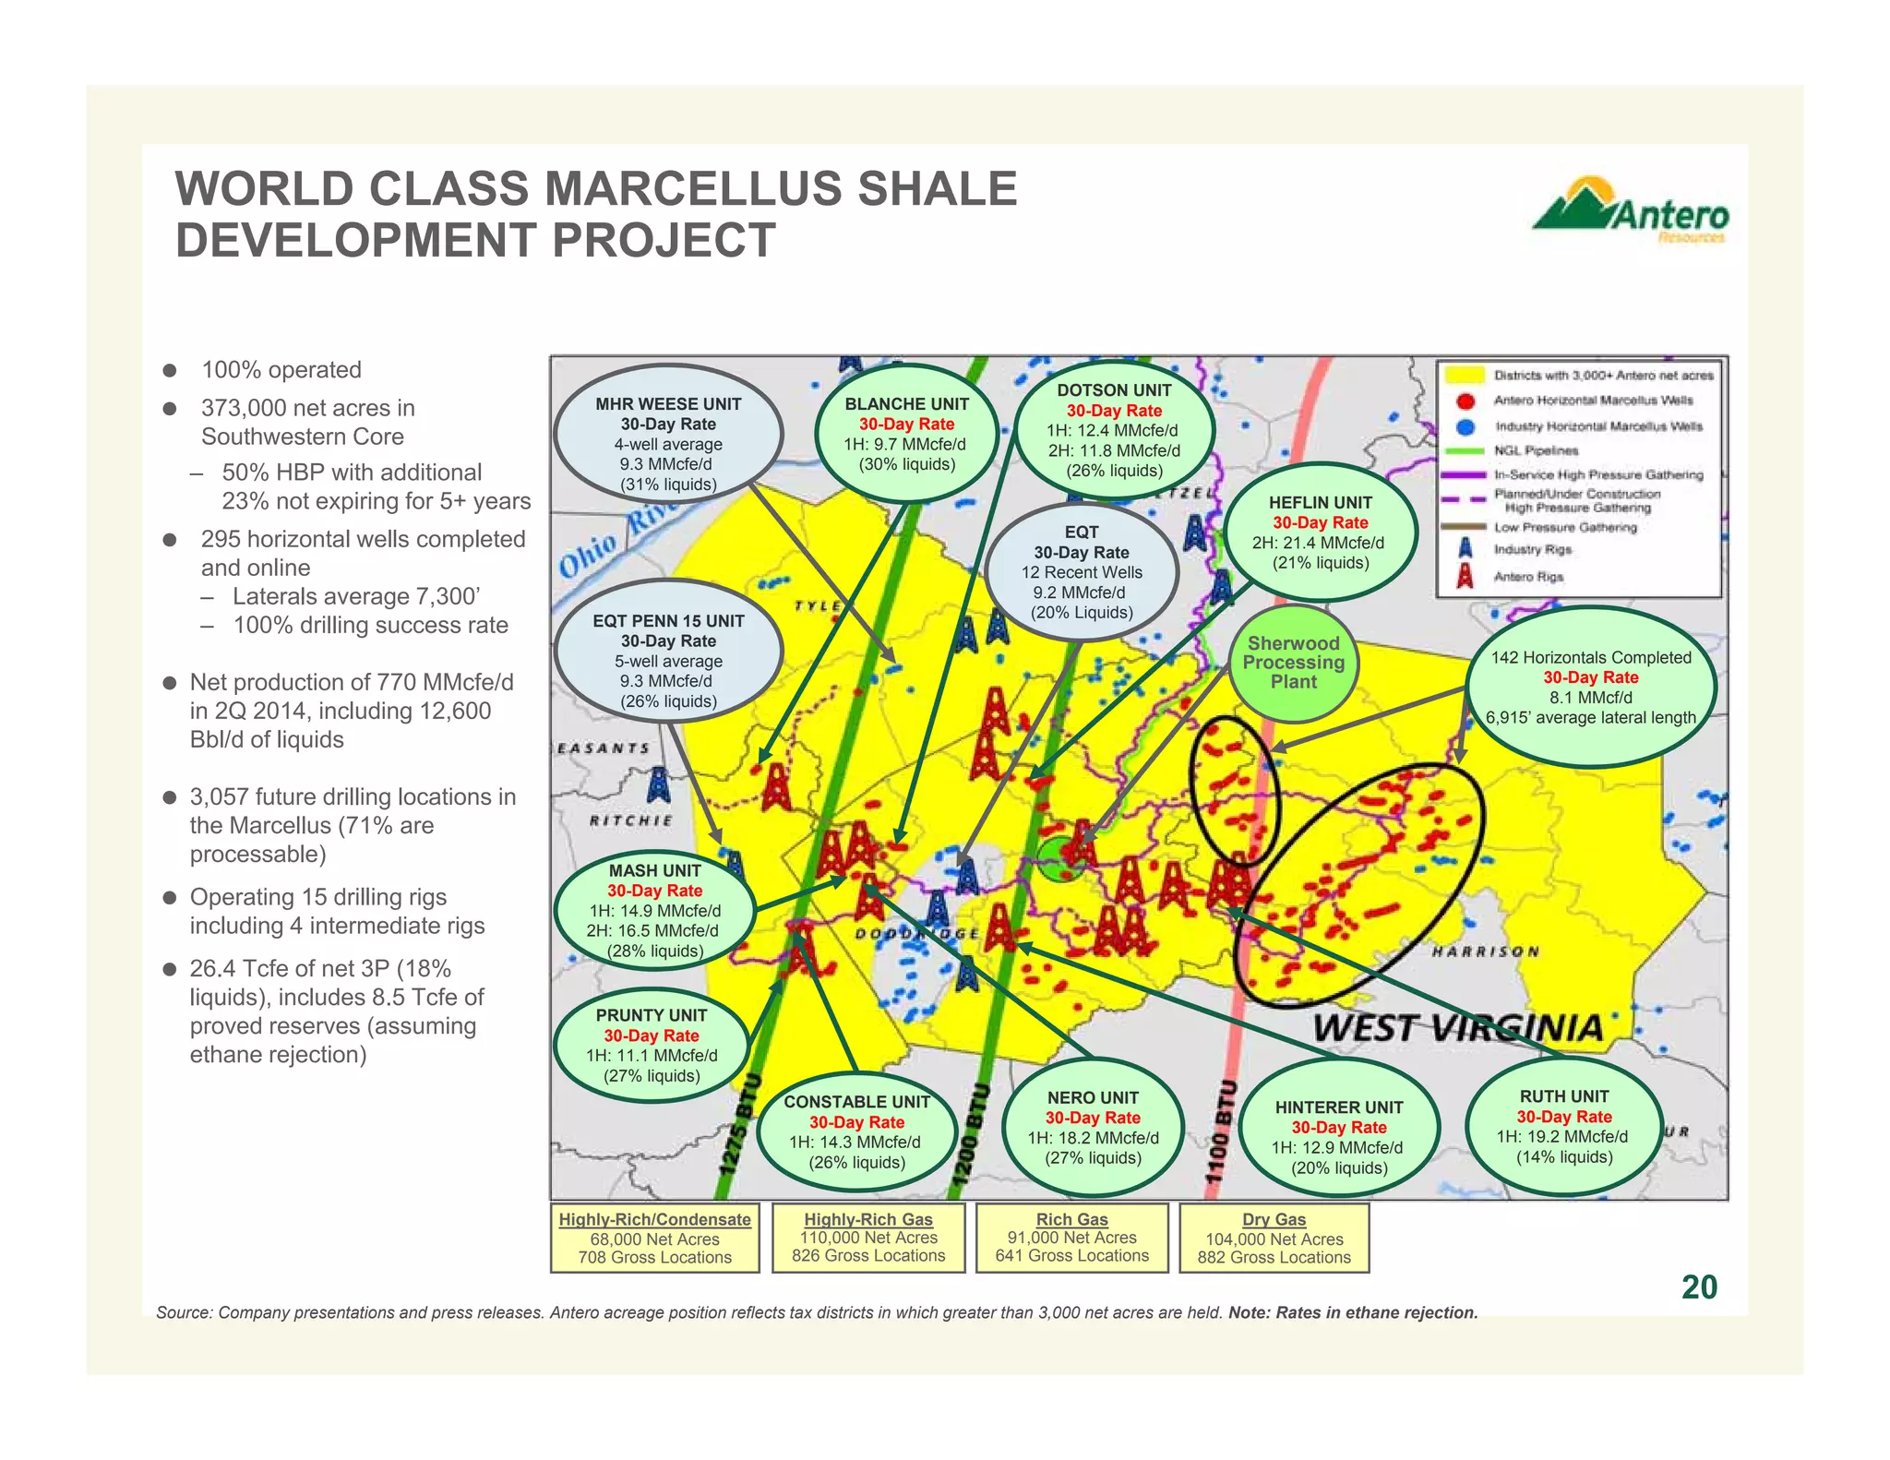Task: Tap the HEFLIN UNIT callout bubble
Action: click(1320, 533)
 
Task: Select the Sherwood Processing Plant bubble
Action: click(1293, 663)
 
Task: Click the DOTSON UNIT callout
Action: click(1114, 430)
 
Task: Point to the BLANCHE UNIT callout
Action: click(906, 434)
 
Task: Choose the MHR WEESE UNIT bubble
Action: click(668, 444)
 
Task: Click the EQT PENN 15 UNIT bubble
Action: click(668, 661)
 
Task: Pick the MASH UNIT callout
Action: click(654, 910)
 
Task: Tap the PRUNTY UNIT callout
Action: click(652, 1045)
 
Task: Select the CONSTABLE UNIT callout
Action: click(856, 1131)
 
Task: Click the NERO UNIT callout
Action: click(1093, 1128)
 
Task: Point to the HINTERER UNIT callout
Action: click(1338, 1137)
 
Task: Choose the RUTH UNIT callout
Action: click(1563, 1127)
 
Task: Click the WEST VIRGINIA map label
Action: click(1457, 1027)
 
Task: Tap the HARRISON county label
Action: click(1485, 951)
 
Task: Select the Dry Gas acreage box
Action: click(1274, 1238)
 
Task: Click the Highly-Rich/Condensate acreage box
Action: click(654, 1238)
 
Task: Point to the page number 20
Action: click(1699, 1286)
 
